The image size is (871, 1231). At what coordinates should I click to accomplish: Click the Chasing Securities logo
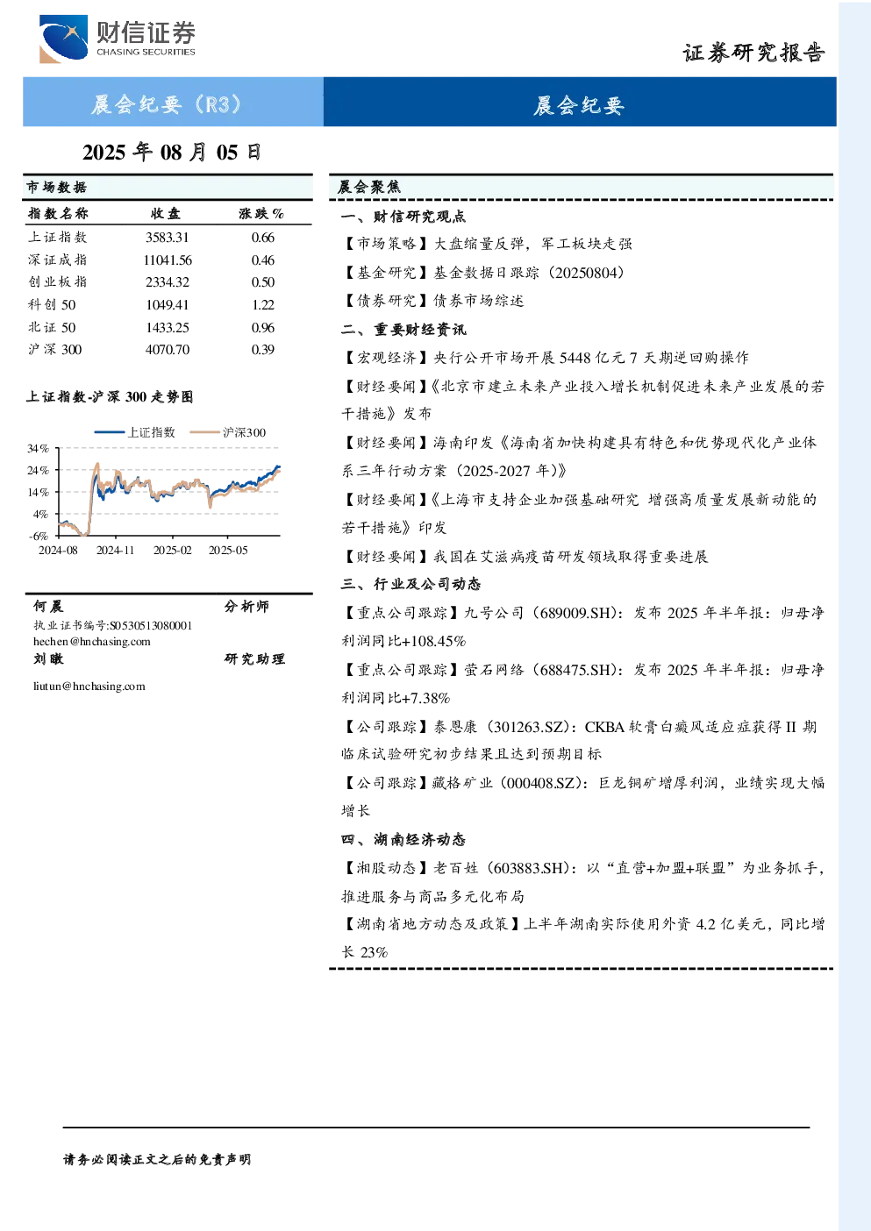click(118, 39)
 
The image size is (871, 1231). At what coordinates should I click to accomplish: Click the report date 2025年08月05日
click(171, 153)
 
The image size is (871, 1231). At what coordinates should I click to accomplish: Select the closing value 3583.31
click(168, 238)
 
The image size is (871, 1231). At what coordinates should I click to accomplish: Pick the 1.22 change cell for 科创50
click(263, 305)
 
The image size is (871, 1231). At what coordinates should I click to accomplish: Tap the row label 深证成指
click(58, 260)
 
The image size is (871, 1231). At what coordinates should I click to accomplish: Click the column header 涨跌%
click(261, 214)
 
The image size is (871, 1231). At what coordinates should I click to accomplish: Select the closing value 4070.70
click(168, 350)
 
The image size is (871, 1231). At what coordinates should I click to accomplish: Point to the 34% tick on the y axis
click(38, 448)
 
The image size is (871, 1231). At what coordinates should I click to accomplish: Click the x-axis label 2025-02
click(173, 550)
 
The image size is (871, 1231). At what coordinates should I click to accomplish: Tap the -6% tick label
click(39, 536)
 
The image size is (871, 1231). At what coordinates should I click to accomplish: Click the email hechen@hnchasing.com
click(92, 641)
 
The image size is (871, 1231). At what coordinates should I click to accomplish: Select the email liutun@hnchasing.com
click(89, 686)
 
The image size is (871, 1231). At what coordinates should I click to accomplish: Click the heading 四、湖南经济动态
click(403, 840)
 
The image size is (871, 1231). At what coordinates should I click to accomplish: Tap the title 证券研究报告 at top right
click(753, 53)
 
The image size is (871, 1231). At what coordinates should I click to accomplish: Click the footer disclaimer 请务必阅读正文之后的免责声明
click(157, 1160)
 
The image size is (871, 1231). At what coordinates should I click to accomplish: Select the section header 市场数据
click(57, 188)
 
